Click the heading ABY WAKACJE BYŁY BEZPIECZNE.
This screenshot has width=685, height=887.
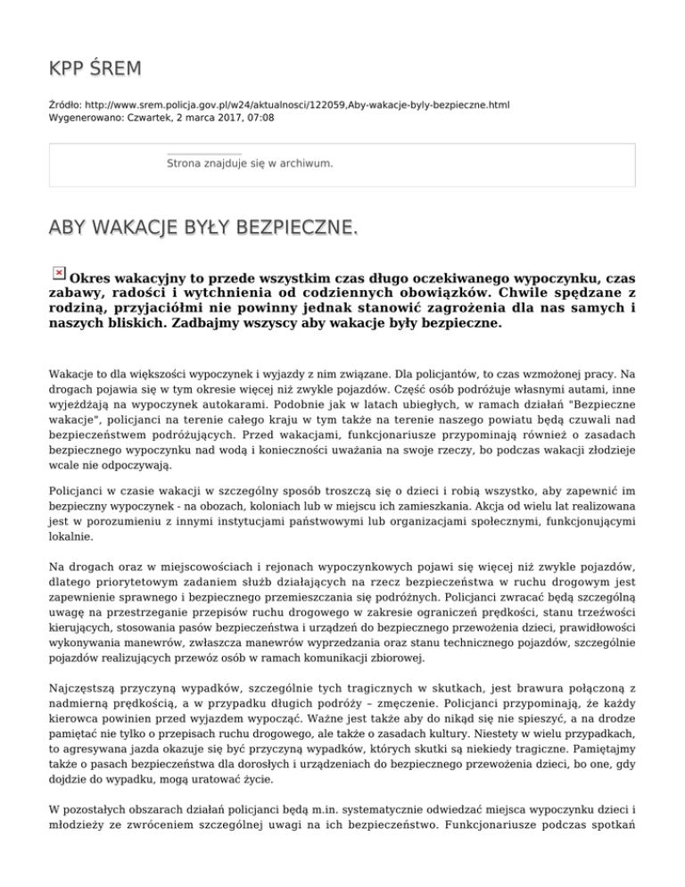click(203, 229)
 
